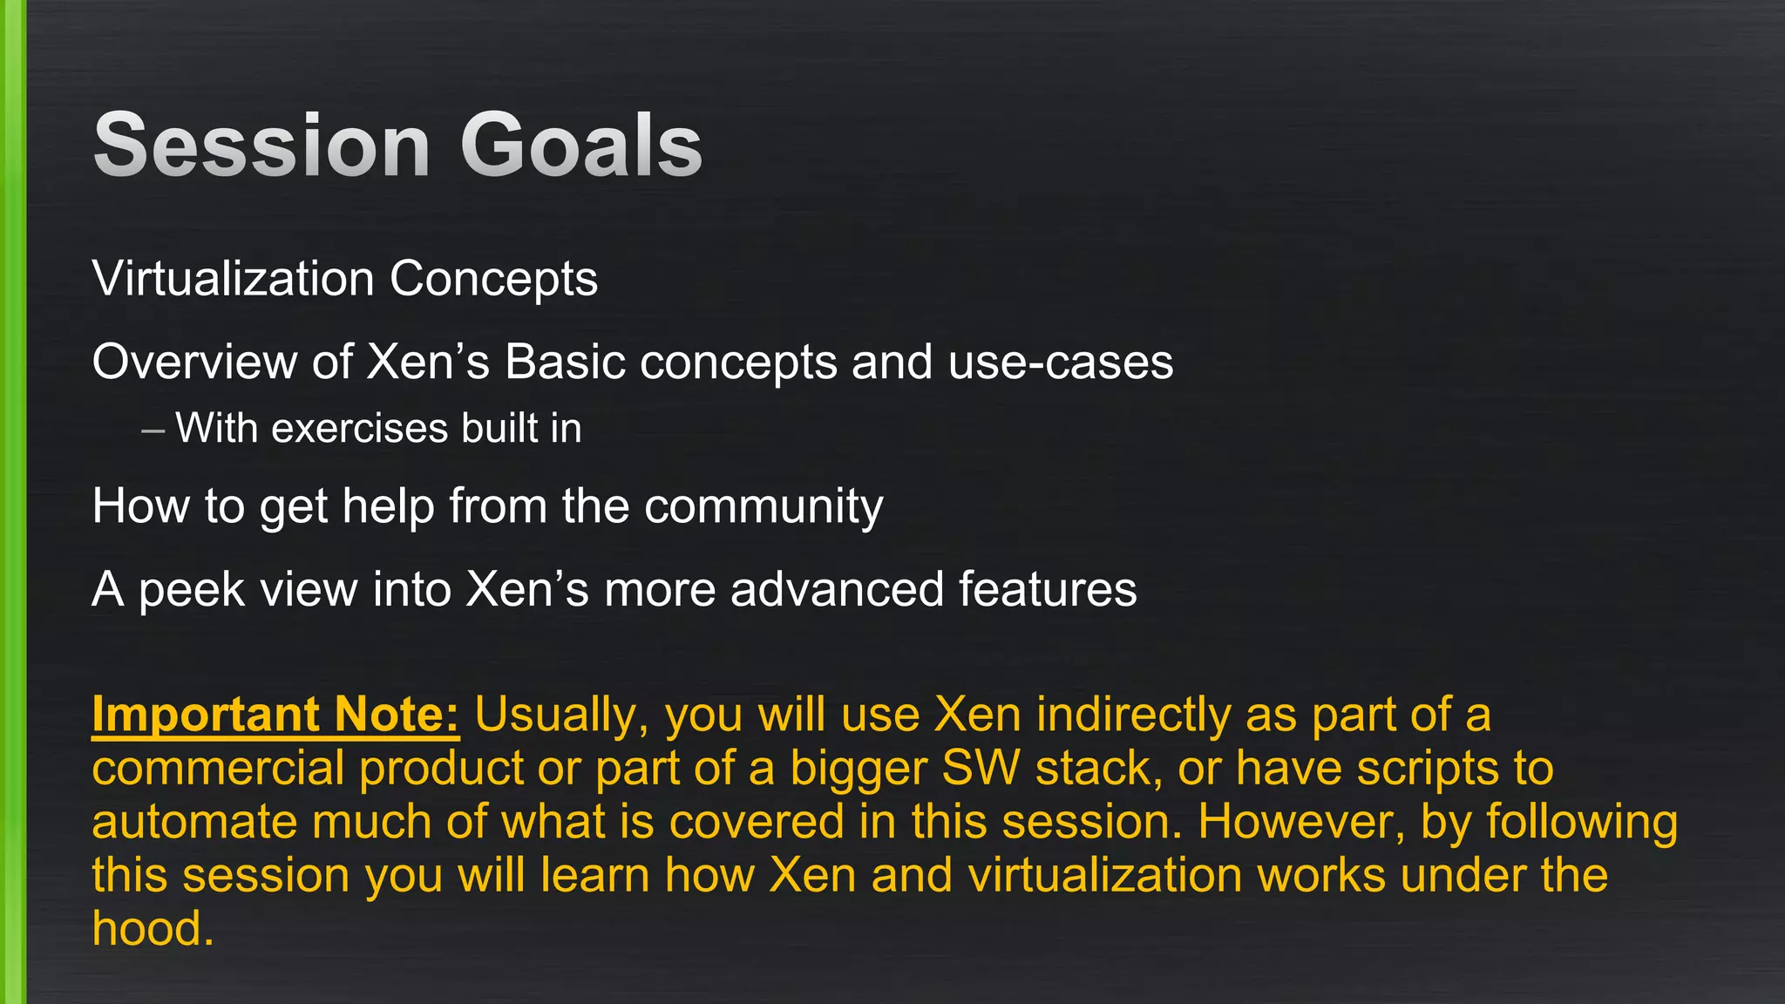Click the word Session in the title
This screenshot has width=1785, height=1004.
(x=261, y=146)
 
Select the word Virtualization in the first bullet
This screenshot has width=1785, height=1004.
(x=233, y=279)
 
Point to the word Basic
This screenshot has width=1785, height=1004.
(x=564, y=362)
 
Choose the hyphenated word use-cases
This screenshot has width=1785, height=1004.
(x=1060, y=363)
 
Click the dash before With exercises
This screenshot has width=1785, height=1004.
(x=153, y=430)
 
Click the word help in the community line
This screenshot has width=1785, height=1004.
(x=388, y=507)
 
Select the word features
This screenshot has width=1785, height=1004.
(x=1048, y=589)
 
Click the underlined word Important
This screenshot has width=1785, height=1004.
(x=206, y=716)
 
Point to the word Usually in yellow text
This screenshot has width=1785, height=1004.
(x=561, y=716)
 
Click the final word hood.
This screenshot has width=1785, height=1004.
(x=152, y=929)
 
